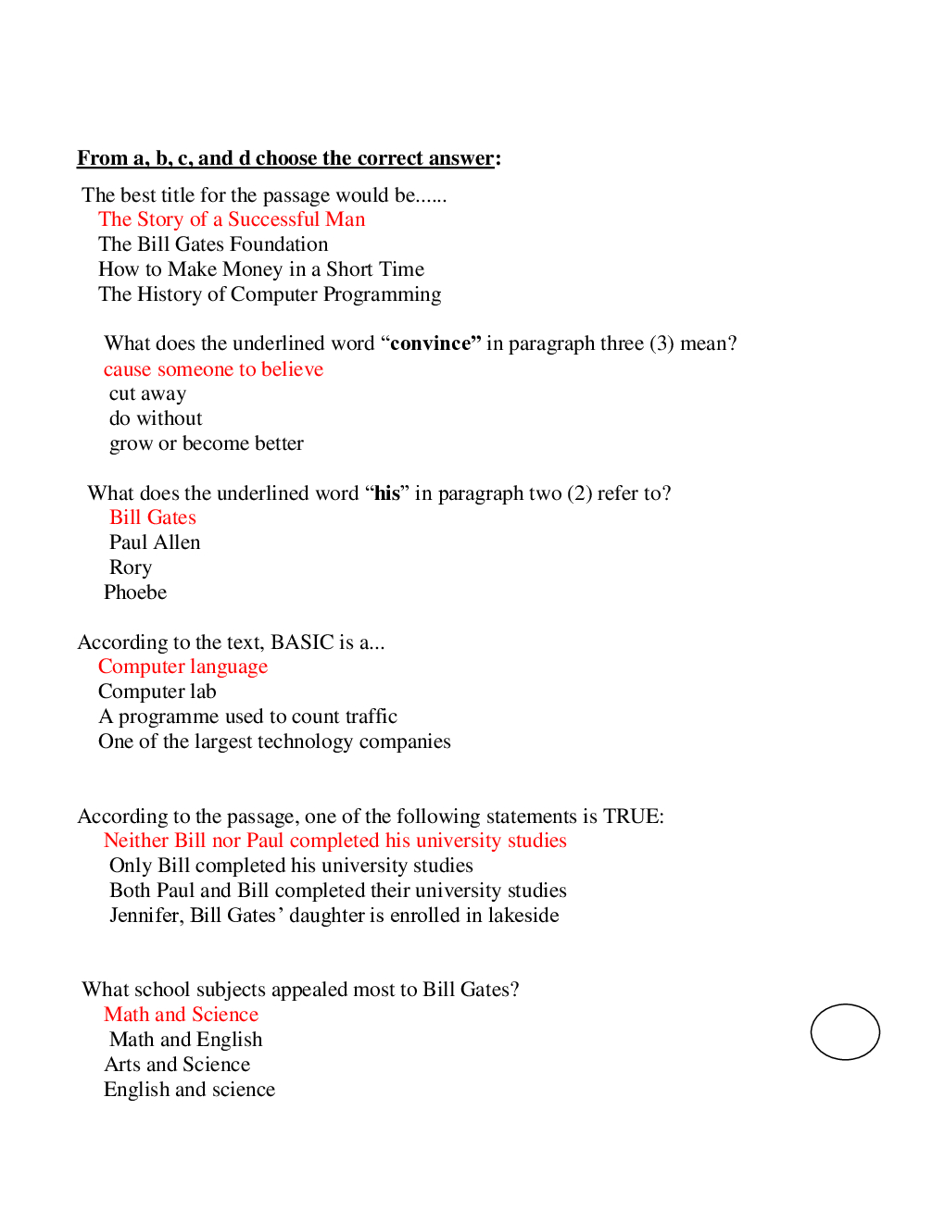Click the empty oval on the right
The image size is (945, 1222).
click(x=845, y=1031)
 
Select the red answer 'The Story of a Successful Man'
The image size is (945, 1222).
click(x=232, y=219)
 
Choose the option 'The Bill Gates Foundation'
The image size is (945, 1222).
click(x=213, y=244)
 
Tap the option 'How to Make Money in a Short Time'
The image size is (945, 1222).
click(x=261, y=269)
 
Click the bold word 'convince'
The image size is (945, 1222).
click(x=431, y=343)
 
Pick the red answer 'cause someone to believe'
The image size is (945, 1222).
click(x=213, y=369)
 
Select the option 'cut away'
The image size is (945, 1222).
click(x=147, y=394)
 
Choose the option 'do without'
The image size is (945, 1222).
click(x=156, y=418)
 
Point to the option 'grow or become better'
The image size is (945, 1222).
click(x=206, y=443)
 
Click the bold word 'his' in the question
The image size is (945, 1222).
click(x=387, y=493)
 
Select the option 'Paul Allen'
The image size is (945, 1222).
click(x=155, y=542)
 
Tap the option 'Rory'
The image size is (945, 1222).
click(x=131, y=567)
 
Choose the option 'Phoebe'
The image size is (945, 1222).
click(x=135, y=592)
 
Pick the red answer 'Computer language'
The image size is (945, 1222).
click(x=183, y=667)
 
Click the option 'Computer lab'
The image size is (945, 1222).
click(x=157, y=692)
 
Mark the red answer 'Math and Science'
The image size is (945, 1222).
click(x=181, y=1015)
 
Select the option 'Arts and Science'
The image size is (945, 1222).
click(x=177, y=1065)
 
